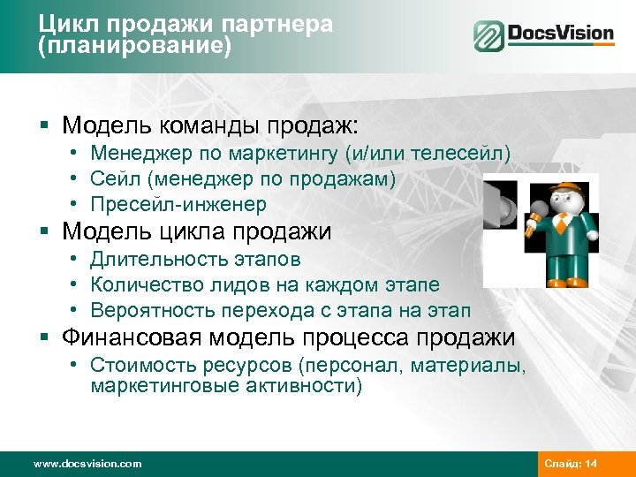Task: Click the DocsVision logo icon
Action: pos(488,36)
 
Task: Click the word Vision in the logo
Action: pos(584,35)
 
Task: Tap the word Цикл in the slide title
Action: pos(63,25)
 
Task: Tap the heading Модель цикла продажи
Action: pos(197,232)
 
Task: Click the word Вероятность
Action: pos(146,311)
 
